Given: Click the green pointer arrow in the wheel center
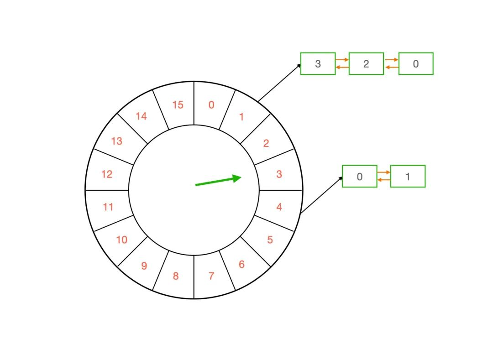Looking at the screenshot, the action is [218, 181].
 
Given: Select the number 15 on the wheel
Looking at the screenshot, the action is [178, 105].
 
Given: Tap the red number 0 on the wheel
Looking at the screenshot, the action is [211, 105].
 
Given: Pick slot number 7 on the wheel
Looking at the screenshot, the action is [211, 276].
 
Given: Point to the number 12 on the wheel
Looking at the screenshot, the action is [107, 174].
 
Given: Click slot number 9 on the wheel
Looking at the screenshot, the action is [144, 266].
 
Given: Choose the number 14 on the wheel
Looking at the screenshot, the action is [141, 116].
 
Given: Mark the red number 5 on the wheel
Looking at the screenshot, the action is [270, 240].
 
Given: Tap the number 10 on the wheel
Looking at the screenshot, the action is [121, 240].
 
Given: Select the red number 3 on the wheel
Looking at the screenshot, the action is [279, 174].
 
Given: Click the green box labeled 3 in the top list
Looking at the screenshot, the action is [318, 64].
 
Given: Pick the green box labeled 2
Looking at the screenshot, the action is [366, 64].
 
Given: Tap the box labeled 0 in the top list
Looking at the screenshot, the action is [415, 64].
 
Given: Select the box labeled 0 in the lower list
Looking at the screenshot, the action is [359, 176].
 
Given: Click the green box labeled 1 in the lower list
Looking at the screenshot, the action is [408, 176].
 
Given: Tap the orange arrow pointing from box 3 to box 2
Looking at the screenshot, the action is [342, 60].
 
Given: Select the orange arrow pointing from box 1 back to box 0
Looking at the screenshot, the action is [384, 180].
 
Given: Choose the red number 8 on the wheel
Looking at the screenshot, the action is [175, 276].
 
